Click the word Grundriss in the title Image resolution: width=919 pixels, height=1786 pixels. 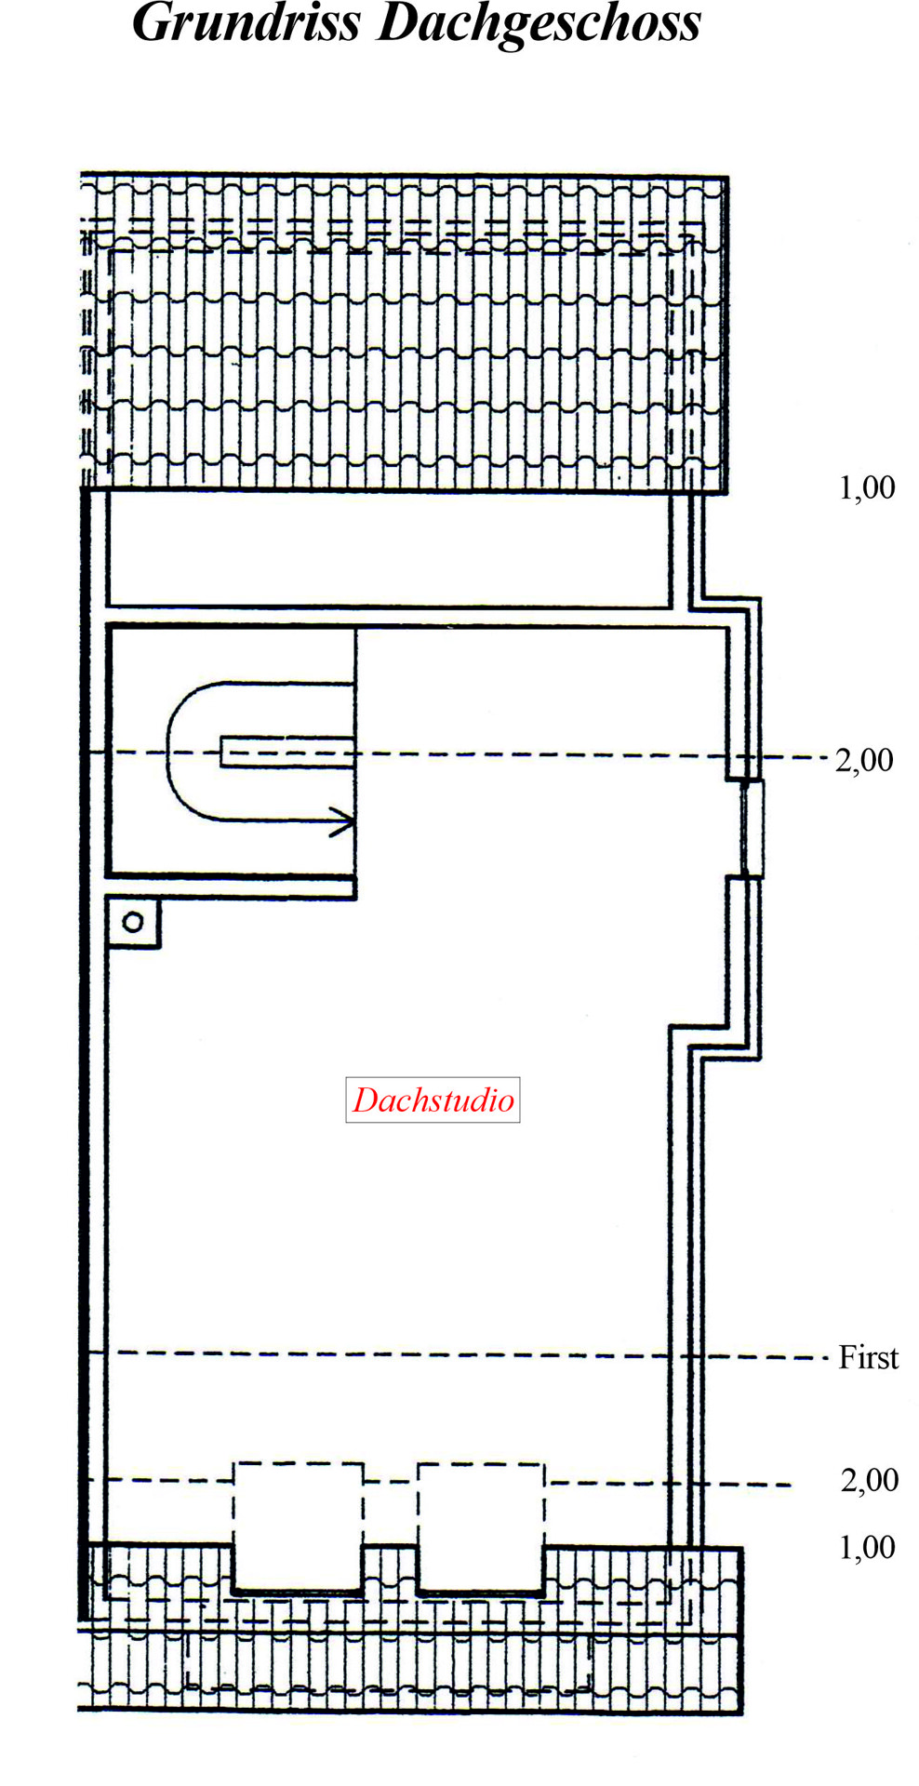(246, 23)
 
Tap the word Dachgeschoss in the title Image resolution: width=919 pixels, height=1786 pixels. (539, 24)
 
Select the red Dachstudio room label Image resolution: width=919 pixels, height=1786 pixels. (433, 1100)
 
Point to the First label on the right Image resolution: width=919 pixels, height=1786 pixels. (869, 1357)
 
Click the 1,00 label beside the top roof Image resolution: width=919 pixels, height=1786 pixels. (867, 487)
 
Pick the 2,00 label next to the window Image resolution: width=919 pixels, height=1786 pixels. (864, 760)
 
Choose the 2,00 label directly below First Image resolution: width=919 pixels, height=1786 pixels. (870, 1480)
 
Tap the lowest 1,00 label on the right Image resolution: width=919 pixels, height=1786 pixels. (867, 1547)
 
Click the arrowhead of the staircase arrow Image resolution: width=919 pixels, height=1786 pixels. (344, 821)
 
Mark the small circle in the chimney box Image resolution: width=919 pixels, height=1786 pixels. (133, 922)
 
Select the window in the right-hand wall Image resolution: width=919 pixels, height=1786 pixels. (753, 829)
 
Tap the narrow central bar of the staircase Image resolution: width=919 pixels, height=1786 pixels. (287, 752)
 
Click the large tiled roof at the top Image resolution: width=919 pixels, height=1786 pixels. (404, 332)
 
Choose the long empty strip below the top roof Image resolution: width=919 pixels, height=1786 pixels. (389, 549)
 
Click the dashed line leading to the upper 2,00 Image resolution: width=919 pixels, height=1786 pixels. (456, 754)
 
